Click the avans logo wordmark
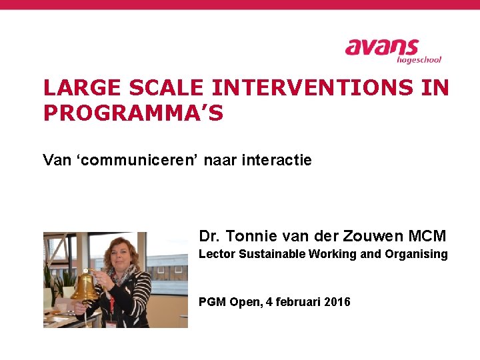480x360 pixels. click(x=381, y=48)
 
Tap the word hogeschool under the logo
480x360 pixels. click(x=419, y=60)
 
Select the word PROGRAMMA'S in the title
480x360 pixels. click(x=133, y=113)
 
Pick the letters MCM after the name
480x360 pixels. click(x=427, y=236)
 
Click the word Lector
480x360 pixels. click(x=217, y=254)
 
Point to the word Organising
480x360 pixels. click(x=418, y=254)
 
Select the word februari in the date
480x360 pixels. click(x=297, y=302)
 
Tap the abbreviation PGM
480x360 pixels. click(x=212, y=302)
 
